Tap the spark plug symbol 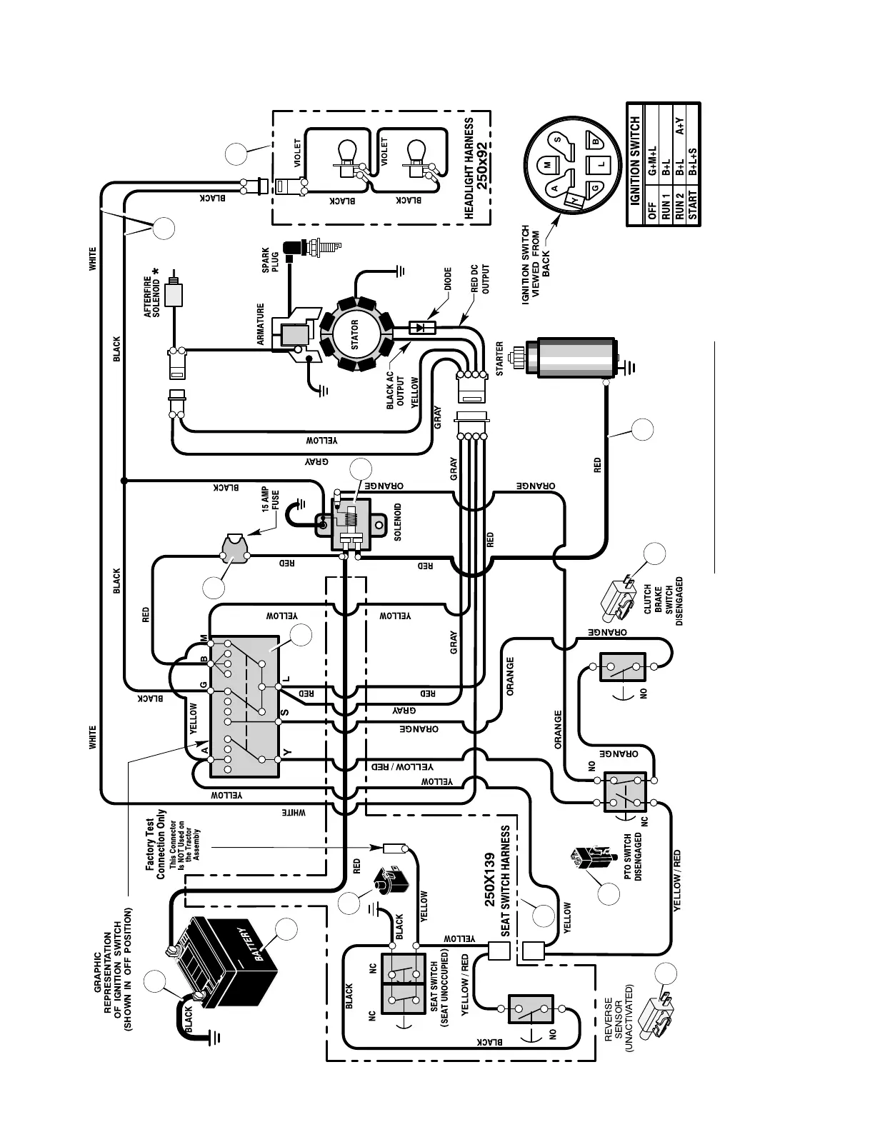pos(313,249)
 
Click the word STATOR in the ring pos(355,335)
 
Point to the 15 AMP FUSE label pos(269,500)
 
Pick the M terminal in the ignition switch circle pos(547,165)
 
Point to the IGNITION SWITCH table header pos(636,163)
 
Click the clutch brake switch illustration pos(619,600)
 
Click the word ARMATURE pos(261,325)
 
